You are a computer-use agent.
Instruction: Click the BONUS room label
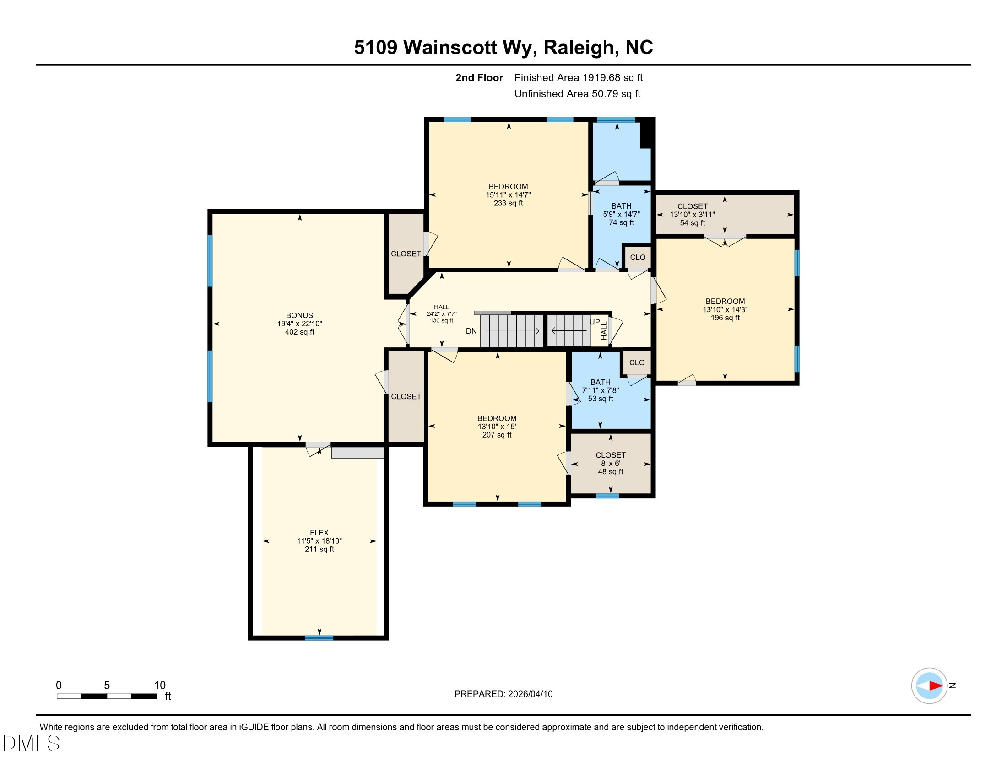tap(299, 315)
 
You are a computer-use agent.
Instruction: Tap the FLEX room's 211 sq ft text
tap(319, 549)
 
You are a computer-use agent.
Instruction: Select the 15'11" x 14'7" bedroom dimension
tap(508, 195)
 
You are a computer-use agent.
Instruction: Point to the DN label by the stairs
tap(471, 331)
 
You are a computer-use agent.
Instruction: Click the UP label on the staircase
tap(595, 322)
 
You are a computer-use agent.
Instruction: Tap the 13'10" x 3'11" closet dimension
tap(692, 214)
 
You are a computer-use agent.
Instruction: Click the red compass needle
tap(936, 686)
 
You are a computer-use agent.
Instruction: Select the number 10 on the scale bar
tap(160, 685)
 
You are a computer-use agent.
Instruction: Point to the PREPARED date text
tap(503, 694)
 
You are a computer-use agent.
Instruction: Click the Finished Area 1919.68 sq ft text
tap(578, 77)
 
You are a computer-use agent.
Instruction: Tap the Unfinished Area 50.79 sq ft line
tap(577, 93)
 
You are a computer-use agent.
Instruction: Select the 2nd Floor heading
tap(479, 77)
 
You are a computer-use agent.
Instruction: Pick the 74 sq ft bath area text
tap(621, 222)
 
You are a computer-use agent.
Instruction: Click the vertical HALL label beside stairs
tap(604, 330)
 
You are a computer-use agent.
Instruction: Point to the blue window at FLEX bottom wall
tap(319, 638)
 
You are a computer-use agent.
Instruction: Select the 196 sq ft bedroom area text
tap(725, 318)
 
